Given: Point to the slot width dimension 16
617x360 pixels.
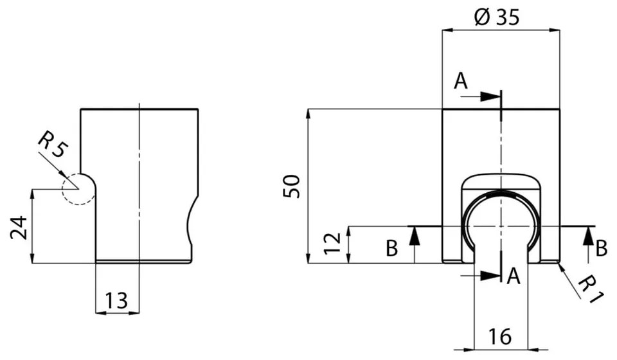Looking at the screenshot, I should [x=500, y=336].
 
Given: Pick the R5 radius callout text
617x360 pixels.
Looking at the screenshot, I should [x=51, y=145].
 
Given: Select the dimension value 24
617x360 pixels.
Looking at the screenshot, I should [x=19, y=227].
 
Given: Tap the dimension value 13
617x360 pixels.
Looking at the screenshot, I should [x=117, y=300].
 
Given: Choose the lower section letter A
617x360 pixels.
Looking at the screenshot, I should [x=514, y=276].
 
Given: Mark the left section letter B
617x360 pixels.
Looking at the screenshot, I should [x=391, y=249].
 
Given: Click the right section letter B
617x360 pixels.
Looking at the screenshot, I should [x=601, y=249].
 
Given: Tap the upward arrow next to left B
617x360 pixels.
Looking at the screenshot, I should [x=415, y=235].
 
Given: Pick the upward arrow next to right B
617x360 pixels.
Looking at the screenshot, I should [x=587, y=235].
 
